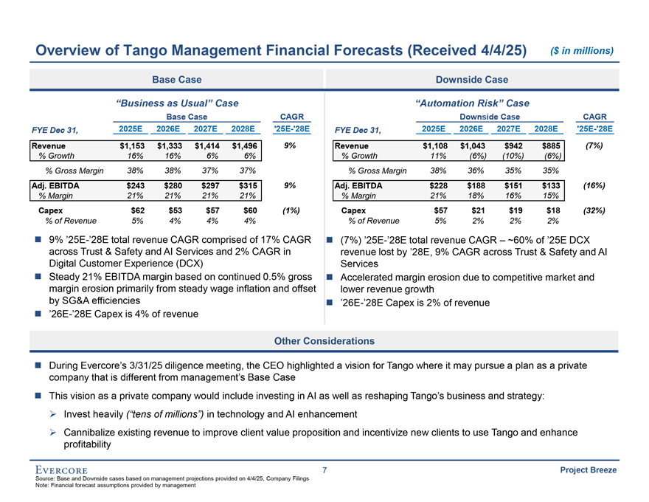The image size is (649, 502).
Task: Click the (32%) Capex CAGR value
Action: point(594,210)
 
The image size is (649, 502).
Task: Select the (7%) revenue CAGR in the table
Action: point(594,145)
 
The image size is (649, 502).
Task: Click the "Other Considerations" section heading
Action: point(324,340)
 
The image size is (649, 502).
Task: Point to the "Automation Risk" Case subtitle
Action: point(472,103)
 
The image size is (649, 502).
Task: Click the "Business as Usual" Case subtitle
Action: point(177,103)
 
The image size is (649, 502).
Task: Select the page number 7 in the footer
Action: point(324,470)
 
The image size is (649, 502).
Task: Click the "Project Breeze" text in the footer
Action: point(589,470)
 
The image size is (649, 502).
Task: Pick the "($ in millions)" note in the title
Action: point(583,50)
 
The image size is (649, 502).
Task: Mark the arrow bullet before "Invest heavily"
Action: point(53,414)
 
